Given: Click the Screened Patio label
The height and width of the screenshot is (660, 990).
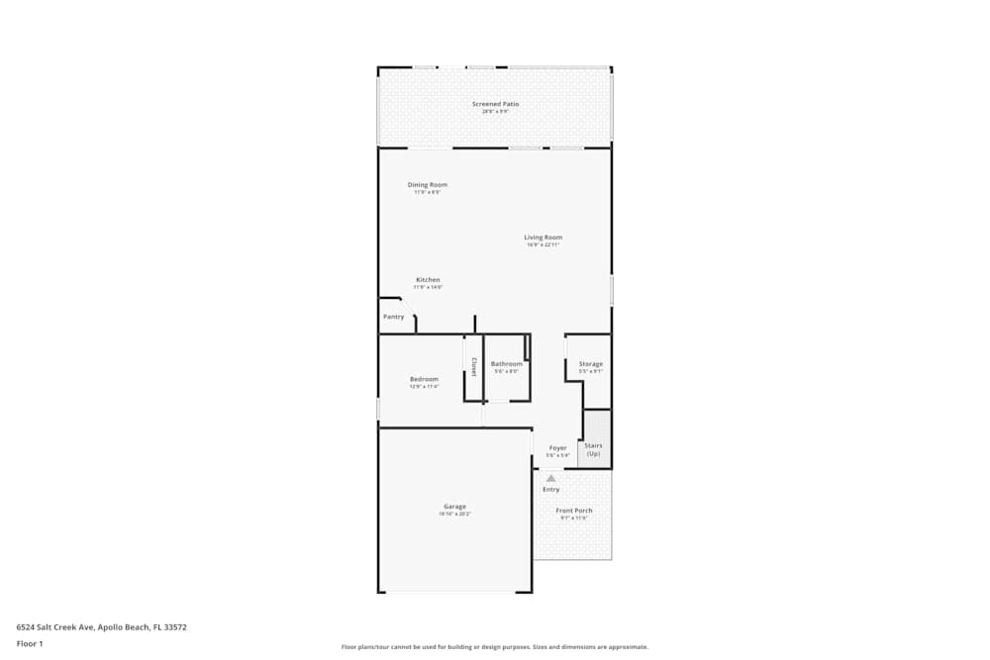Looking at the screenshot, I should coord(495,104).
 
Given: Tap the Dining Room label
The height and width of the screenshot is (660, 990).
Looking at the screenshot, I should coord(428,185).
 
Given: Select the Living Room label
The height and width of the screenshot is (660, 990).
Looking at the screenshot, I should coord(543,237).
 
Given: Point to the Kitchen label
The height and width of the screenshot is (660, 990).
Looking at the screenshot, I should coord(428,280).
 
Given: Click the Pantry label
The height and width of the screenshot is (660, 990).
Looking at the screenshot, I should coord(394,317).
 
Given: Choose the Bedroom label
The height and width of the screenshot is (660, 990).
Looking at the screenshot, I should coord(424,379).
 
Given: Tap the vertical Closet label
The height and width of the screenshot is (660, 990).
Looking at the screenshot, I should coord(473,367).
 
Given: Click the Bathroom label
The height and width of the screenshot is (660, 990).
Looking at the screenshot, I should coord(506,364).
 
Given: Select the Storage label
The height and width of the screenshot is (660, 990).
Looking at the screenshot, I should coord(590,364).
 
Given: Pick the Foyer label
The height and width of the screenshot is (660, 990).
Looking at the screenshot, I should coord(558,448).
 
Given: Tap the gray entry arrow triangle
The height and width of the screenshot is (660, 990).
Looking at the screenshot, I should coord(551,478).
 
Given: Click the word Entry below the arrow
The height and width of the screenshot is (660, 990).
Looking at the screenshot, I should coord(551,489).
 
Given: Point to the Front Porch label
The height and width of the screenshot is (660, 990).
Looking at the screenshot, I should coord(574,511).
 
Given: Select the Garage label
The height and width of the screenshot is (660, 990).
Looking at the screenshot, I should coord(454,507).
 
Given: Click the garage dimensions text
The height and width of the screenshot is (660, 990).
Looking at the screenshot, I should coord(454,515).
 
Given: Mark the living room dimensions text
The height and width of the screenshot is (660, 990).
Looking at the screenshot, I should coord(543,245).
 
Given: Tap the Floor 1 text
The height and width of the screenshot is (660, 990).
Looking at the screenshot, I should coord(30,643).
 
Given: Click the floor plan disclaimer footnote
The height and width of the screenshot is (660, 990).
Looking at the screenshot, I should coord(495,647).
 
